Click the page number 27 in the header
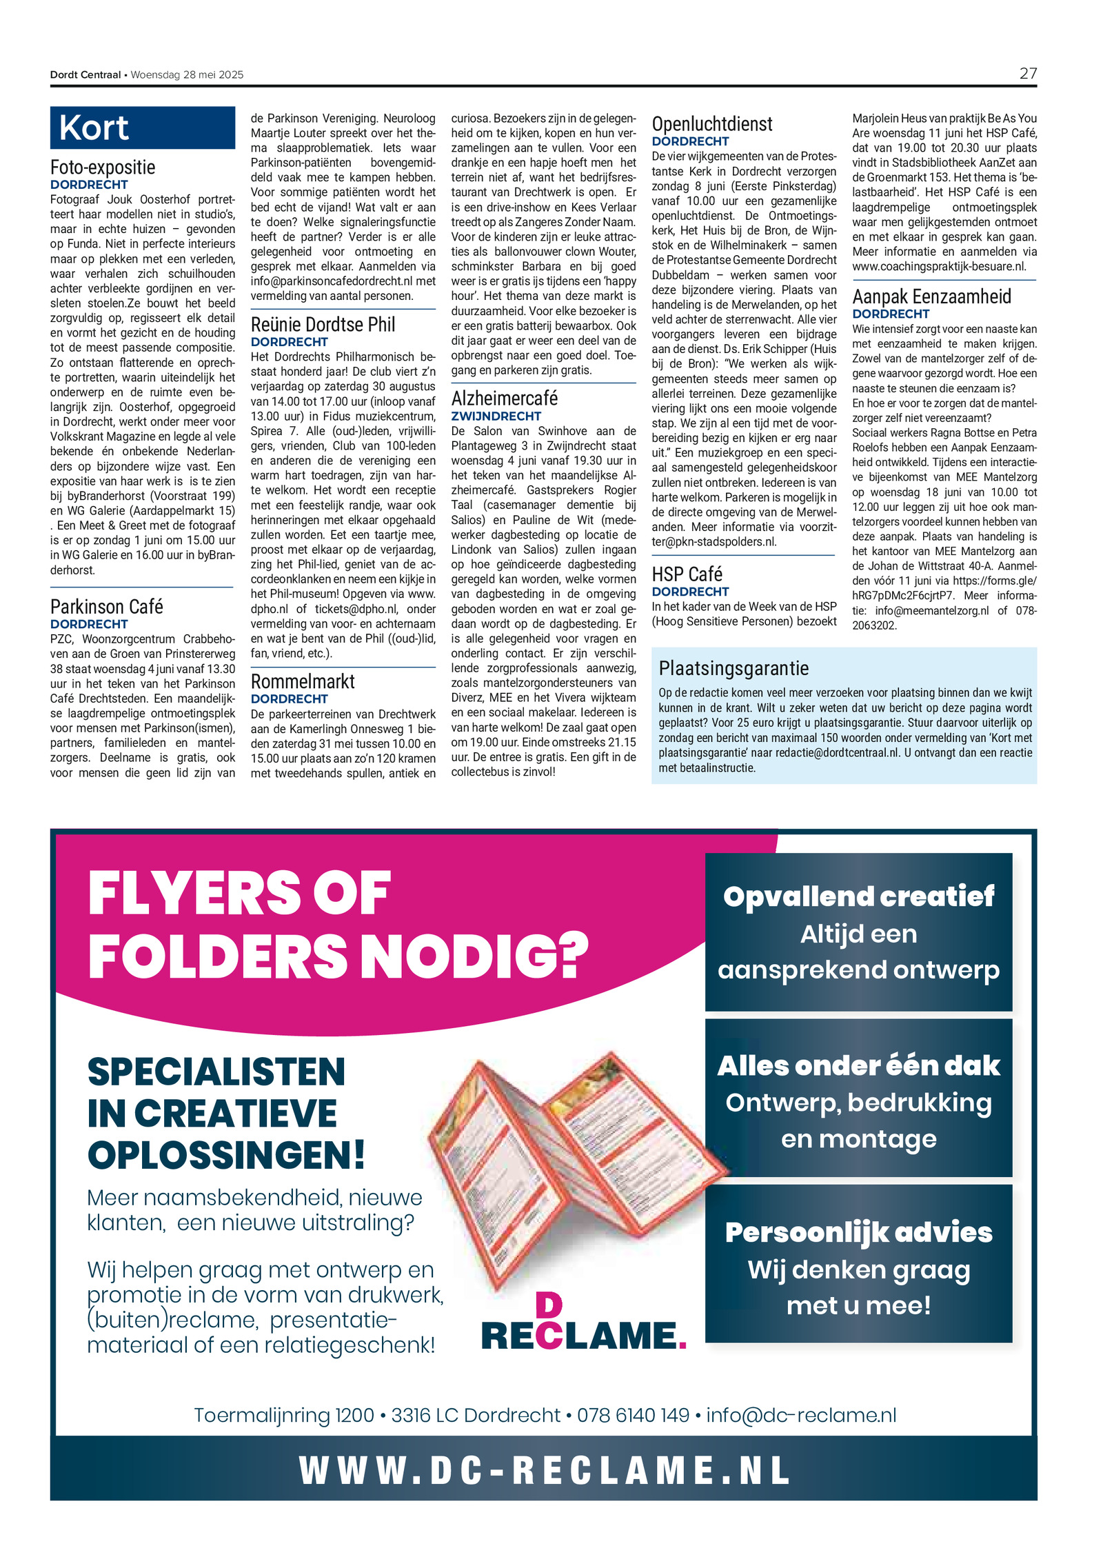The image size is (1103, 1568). click(1027, 74)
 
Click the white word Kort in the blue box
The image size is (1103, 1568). click(94, 128)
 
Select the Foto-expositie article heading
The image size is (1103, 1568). click(103, 167)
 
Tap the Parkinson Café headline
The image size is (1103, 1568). click(106, 606)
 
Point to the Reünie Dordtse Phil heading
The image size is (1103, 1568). click(323, 324)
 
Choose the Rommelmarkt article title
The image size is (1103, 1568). click(303, 681)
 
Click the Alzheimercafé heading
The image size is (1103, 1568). click(504, 398)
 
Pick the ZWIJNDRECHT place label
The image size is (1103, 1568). click(496, 416)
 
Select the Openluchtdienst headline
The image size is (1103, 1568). click(712, 124)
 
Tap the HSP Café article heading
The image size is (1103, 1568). click(687, 574)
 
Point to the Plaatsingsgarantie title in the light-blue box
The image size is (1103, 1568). click(733, 667)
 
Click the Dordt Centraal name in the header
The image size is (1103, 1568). click(85, 74)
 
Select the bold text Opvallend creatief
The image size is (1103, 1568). click(858, 896)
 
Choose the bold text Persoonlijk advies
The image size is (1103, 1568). click(858, 1232)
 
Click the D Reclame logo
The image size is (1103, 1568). click(583, 1325)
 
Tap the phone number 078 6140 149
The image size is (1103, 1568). click(633, 1415)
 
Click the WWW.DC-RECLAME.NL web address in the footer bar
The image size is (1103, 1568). click(545, 1469)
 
